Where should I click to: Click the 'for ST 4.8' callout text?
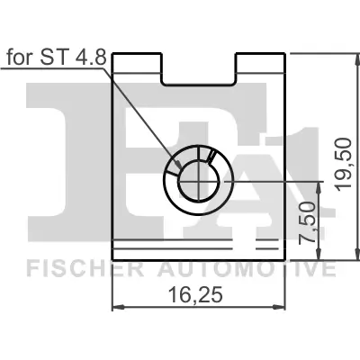coord(57,58)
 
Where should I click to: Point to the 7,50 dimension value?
coord(308,224)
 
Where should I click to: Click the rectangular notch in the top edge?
coord(198,67)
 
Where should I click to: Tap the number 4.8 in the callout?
coord(92,58)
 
